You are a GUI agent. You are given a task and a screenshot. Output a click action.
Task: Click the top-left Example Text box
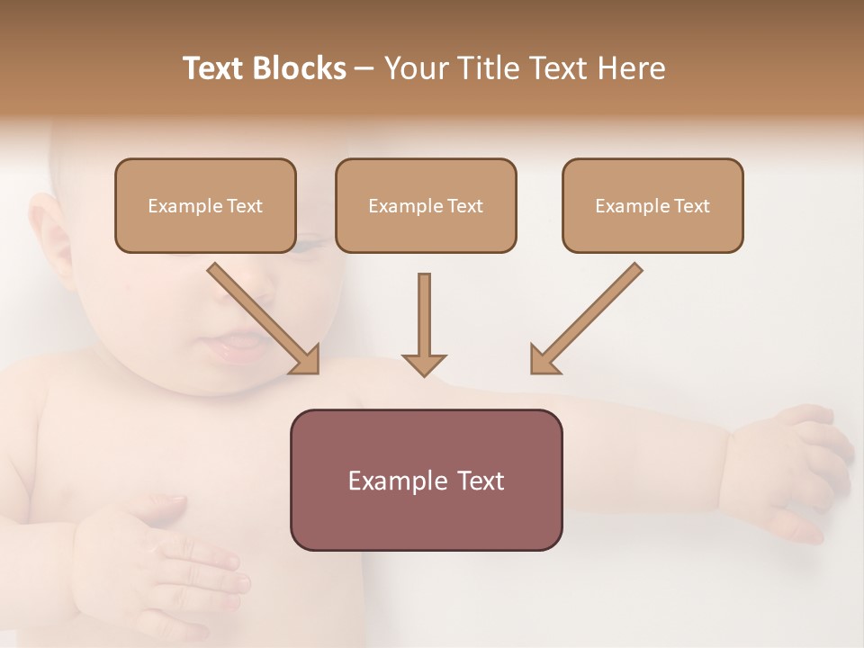pyautogui.click(x=205, y=205)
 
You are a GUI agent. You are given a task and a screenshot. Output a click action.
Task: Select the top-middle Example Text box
pyautogui.click(x=426, y=205)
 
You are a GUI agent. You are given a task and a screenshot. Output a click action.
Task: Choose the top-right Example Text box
pyautogui.click(x=652, y=205)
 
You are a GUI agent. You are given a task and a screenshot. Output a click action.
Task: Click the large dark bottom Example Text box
pyautogui.click(x=426, y=480)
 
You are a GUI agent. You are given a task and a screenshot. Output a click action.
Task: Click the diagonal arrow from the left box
pyautogui.click(x=263, y=319)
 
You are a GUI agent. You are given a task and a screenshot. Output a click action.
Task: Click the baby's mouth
pyautogui.click(x=236, y=346)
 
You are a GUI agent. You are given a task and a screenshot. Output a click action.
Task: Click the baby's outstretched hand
pyautogui.click(x=792, y=468)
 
